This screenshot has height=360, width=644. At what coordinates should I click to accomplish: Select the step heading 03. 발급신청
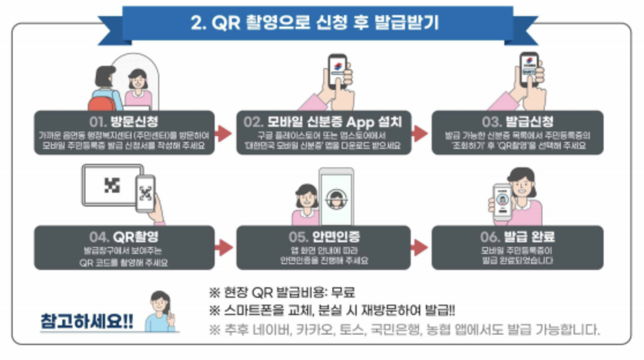517,122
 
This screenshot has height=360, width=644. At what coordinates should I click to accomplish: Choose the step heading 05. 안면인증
323,237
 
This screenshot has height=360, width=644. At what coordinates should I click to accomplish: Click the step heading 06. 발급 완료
517,237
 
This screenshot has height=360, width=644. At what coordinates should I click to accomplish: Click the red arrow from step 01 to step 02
223,133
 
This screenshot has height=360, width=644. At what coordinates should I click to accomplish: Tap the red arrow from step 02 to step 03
420,133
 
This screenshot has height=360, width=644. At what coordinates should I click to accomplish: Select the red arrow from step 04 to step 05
223,248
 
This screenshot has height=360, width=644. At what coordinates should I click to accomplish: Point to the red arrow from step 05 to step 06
420,248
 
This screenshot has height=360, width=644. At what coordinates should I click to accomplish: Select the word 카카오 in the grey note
335,331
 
